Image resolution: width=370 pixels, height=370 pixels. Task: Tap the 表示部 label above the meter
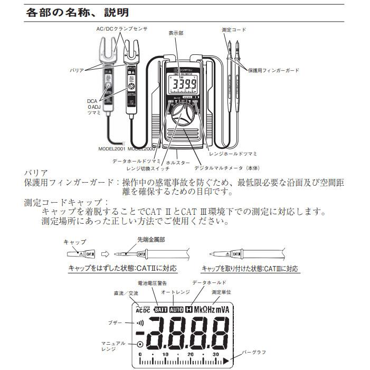tap(175, 33)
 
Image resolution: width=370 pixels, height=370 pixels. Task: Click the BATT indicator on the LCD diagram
tap(161, 309)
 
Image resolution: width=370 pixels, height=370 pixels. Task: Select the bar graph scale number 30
tap(215, 354)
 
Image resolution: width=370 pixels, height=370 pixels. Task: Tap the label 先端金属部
tap(151, 239)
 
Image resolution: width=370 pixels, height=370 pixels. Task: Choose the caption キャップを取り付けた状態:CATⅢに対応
tap(251, 269)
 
